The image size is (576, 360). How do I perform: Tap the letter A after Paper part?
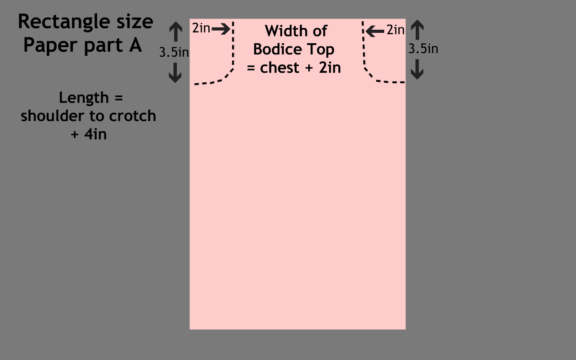pyautogui.click(x=135, y=45)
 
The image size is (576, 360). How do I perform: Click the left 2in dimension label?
pyautogui.click(x=201, y=28)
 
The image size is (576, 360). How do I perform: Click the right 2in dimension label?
pyautogui.click(x=396, y=30)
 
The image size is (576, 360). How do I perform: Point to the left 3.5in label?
pyautogui.click(x=174, y=52)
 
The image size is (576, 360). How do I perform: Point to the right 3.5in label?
pyautogui.click(x=423, y=49)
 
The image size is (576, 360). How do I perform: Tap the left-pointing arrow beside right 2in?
pyautogui.click(x=375, y=31)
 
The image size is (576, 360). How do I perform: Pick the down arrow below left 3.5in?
pyautogui.click(x=175, y=72)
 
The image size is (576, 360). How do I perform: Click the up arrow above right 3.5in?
pyautogui.click(x=418, y=30)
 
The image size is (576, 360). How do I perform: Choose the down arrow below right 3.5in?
pyautogui.click(x=418, y=69)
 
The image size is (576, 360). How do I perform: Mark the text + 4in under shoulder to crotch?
pyautogui.click(x=89, y=134)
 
